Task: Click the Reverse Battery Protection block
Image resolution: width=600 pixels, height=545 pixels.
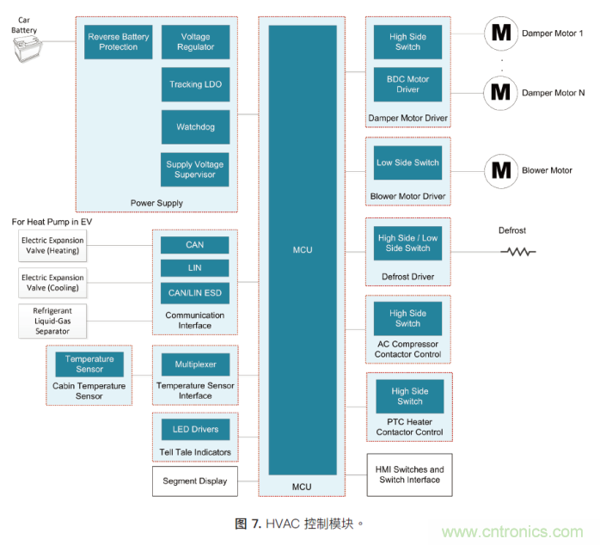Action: (x=119, y=42)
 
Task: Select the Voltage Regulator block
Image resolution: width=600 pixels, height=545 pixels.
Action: (x=195, y=42)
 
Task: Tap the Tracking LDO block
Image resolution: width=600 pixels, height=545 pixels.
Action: (x=195, y=84)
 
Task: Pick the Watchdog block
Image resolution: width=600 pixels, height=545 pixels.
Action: (x=195, y=127)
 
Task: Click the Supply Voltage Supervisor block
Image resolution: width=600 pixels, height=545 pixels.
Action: (x=195, y=169)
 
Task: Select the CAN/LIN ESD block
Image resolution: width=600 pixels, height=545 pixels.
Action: (x=195, y=293)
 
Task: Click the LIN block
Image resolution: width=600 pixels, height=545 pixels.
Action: (x=195, y=269)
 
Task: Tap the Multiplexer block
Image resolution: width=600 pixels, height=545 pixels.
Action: (x=195, y=364)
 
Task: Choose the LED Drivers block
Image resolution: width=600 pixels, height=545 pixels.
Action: (x=195, y=429)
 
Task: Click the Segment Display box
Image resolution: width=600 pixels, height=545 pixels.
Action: (x=195, y=481)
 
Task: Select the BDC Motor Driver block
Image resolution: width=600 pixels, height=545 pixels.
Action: (x=407, y=84)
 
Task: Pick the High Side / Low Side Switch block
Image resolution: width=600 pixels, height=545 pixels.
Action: (x=407, y=243)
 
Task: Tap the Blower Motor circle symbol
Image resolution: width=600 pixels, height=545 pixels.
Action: (x=500, y=170)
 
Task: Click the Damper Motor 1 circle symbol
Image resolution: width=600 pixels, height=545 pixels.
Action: (x=500, y=34)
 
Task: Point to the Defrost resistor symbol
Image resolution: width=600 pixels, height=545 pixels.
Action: (x=518, y=252)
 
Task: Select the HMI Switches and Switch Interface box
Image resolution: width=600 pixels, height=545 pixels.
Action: (x=409, y=475)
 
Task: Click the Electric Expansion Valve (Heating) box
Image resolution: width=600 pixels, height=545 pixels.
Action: (x=52, y=245)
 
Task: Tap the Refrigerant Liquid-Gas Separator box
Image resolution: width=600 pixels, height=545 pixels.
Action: (x=52, y=321)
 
